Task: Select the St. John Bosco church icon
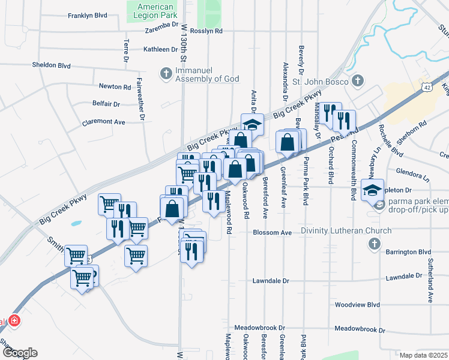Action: click(x=357, y=80)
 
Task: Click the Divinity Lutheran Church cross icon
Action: click(x=374, y=244)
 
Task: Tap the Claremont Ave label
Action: click(x=104, y=122)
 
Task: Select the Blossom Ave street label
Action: click(x=272, y=232)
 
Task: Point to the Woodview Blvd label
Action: click(x=357, y=304)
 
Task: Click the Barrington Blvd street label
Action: click(x=409, y=252)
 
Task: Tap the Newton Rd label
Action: click(x=115, y=86)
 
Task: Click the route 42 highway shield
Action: click(x=426, y=86)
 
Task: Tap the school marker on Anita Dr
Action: click(x=252, y=124)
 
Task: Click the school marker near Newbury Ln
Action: click(x=372, y=189)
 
